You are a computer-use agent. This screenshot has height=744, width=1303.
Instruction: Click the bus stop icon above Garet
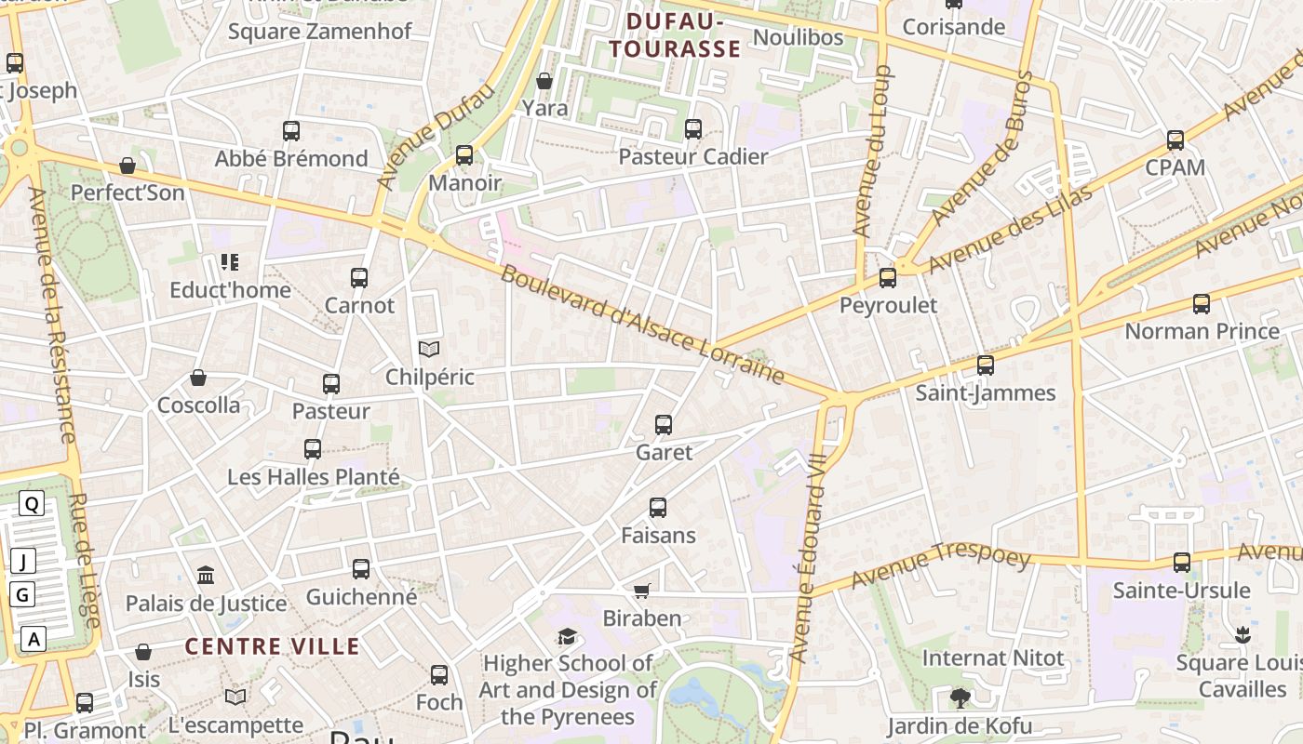[x=664, y=425]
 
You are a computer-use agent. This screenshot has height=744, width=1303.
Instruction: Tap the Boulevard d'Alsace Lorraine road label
[x=642, y=325]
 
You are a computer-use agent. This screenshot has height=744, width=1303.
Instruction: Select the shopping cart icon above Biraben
[x=641, y=591]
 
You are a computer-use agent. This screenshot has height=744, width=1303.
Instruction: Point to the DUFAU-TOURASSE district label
[x=676, y=35]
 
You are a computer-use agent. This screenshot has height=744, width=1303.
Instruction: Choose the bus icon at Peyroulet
[x=888, y=278]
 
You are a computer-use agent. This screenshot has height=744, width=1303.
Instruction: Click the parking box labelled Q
[x=32, y=504]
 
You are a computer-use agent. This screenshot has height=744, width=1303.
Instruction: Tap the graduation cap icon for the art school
[x=567, y=636]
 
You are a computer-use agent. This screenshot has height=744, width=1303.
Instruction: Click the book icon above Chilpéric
[x=428, y=350]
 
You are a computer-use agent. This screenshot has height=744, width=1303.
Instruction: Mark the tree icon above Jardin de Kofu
[x=960, y=697]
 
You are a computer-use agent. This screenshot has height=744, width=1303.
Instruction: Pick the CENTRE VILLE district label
[x=272, y=646]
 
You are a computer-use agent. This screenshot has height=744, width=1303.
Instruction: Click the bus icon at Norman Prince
[x=1202, y=304]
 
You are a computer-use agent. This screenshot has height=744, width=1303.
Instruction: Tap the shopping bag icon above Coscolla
[x=198, y=378]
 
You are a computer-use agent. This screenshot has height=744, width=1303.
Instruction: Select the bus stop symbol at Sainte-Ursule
[x=1181, y=563]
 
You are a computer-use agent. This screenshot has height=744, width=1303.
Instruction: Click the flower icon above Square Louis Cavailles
[x=1242, y=635]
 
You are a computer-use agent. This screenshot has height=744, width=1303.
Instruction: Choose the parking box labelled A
[x=34, y=639]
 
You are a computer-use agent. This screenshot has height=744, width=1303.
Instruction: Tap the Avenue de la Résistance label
[x=51, y=316]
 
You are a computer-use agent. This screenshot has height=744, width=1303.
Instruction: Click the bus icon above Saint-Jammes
[x=986, y=365]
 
